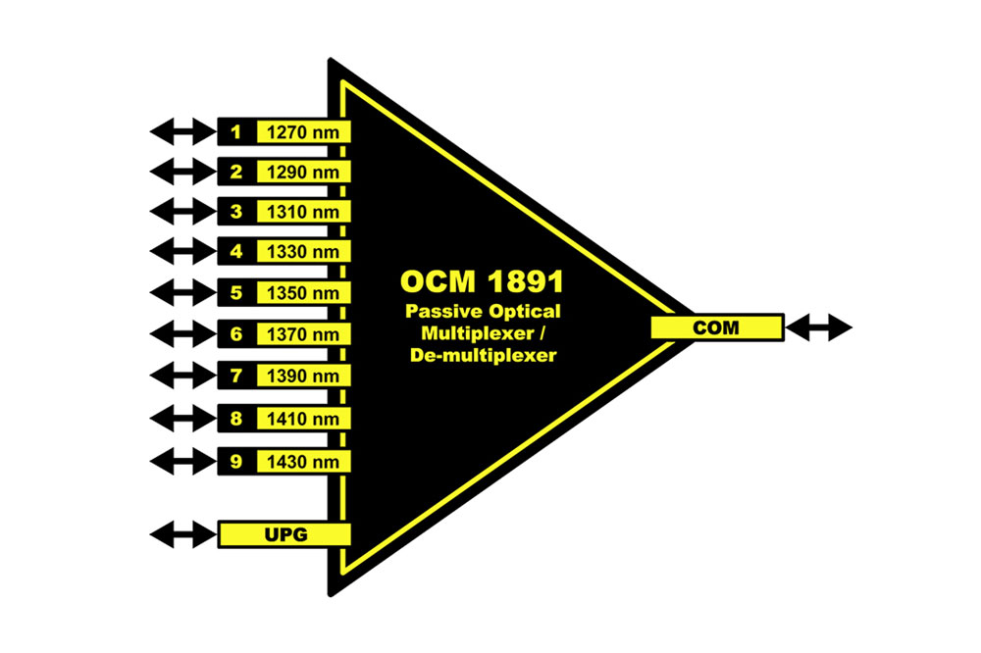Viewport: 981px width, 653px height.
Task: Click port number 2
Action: pyautogui.click(x=235, y=173)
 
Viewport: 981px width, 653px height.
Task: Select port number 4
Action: pyautogui.click(x=235, y=253)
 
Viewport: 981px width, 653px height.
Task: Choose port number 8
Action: pyautogui.click(x=235, y=419)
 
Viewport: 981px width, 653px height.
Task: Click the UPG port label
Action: pyautogui.click(x=284, y=534)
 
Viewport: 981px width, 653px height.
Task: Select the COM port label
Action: pyautogui.click(x=716, y=327)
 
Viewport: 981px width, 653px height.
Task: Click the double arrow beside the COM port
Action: pyautogui.click(x=819, y=327)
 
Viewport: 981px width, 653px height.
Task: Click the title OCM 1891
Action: pyautogui.click(x=482, y=282)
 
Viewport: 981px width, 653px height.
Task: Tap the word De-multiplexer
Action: pyautogui.click(x=483, y=356)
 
